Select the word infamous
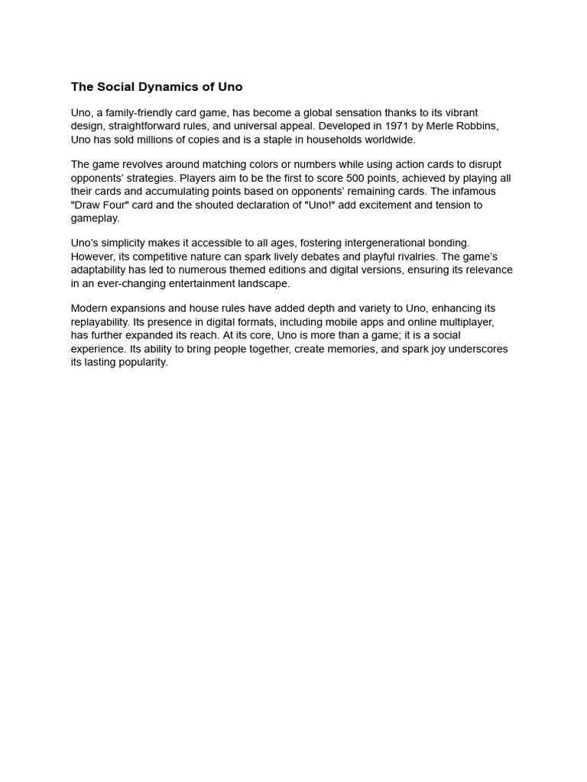(x=475, y=192)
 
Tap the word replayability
(x=103, y=322)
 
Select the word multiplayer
(x=465, y=322)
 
